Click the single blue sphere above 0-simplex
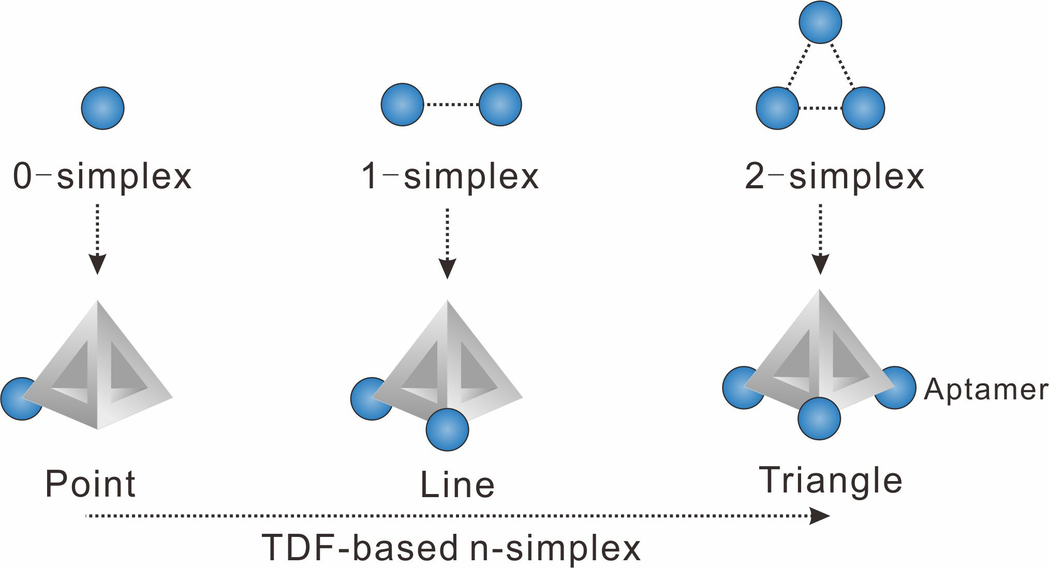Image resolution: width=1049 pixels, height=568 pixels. [x=103, y=108]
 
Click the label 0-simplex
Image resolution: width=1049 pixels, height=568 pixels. [x=102, y=176]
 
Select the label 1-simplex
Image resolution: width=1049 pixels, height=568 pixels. [x=450, y=176]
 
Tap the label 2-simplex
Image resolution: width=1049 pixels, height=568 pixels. [x=834, y=176]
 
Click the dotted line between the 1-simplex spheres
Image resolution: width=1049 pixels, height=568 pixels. [x=451, y=104]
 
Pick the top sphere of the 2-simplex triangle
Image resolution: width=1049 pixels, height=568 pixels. [x=820, y=22]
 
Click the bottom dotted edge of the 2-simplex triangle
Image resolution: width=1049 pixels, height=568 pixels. [x=820, y=108]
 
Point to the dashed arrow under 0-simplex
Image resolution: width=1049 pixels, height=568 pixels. [x=97, y=237]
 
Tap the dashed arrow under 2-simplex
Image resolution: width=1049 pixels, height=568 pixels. [x=820, y=237]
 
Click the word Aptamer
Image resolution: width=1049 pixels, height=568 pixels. [x=985, y=389]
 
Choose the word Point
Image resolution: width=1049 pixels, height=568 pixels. [x=91, y=484]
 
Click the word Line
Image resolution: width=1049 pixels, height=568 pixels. [x=457, y=485]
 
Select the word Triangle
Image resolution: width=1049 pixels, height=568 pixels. [x=831, y=481]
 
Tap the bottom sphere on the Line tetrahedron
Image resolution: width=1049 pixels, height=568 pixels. [x=447, y=430]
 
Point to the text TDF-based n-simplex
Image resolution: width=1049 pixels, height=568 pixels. [x=451, y=548]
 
